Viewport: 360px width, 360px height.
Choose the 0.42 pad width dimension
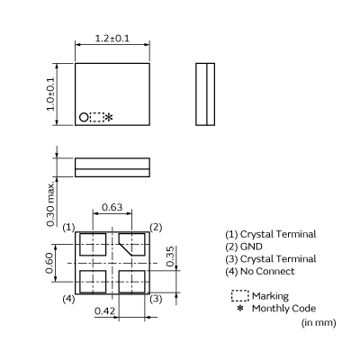(104, 311)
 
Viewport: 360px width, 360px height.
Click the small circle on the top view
(84, 117)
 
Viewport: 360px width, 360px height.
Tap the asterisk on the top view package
(110, 118)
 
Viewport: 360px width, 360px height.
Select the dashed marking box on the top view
(96, 117)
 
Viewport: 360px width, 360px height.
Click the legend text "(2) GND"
(246, 247)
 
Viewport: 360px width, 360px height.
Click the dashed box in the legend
(239, 295)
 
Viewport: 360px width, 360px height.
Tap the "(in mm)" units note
(318, 322)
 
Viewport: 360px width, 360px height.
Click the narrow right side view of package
(206, 94)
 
